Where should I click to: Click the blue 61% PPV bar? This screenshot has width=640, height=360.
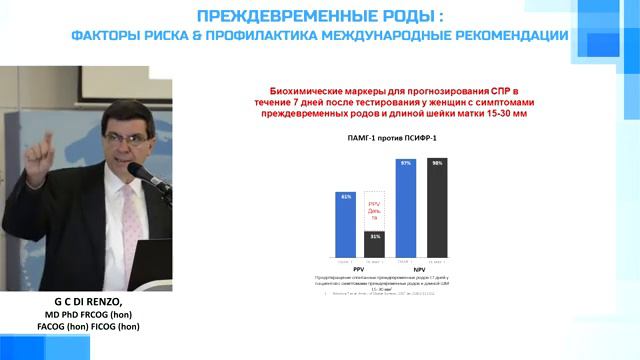coord(346,225)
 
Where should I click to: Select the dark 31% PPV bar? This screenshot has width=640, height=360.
coord(374,244)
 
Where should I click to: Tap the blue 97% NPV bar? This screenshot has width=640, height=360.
coord(406,207)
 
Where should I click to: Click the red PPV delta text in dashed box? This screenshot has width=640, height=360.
coord(375,209)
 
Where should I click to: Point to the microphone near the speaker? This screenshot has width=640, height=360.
coord(141,172)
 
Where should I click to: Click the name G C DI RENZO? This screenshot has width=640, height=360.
coord(84,302)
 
